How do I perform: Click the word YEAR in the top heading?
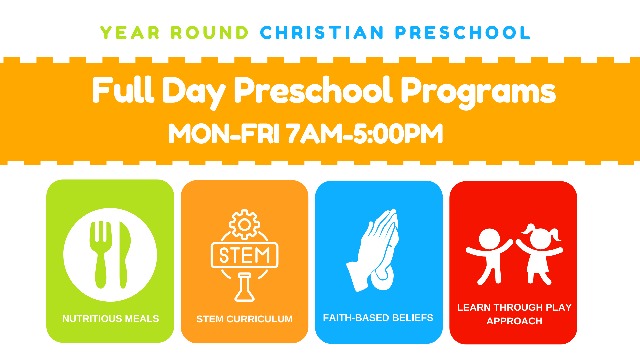(130, 33)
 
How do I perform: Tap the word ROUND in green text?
(210, 33)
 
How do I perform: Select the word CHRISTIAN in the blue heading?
(322, 33)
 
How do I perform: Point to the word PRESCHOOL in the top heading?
(463, 33)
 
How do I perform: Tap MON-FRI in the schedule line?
(224, 134)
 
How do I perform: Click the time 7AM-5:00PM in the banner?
(365, 134)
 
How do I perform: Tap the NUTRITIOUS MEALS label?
(111, 319)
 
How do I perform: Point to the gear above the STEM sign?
(245, 224)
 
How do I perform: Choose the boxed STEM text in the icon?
(245, 255)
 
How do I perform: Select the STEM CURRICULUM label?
(244, 319)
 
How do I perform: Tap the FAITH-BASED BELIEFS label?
(378, 318)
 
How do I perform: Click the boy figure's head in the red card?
(489, 239)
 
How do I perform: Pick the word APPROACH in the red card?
(514, 321)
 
